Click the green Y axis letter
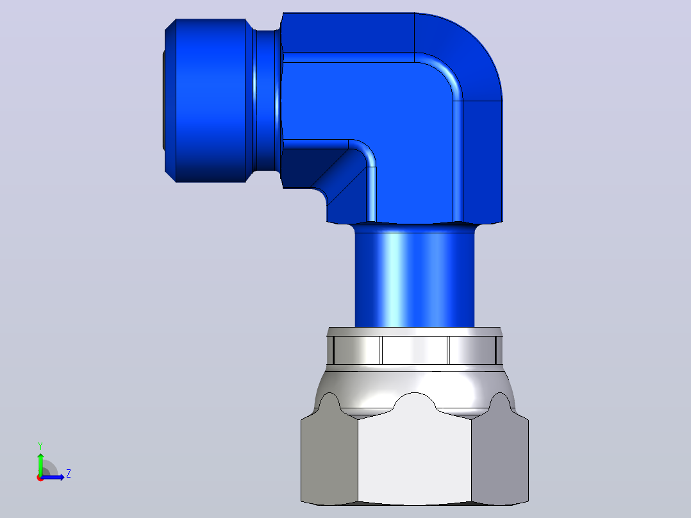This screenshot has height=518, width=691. click(x=40, y=446)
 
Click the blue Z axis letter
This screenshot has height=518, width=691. click(x=69, y=474)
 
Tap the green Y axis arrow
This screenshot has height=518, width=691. click(x=40, y=464)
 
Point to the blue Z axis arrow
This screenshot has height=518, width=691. click(x=53, y=478)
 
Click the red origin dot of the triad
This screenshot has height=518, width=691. click(x=40, y=478)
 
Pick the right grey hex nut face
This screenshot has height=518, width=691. click(x=500, y=458)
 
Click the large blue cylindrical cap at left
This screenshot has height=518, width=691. click(x=210, y=101)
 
